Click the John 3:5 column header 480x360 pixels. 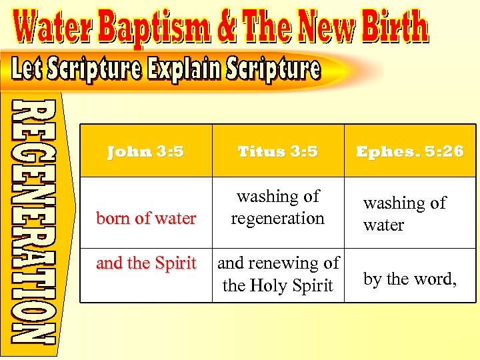coord(145,151)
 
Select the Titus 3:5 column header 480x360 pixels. coord(278,151)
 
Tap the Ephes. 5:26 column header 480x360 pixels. coord(410,151)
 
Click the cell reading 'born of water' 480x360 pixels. coord(146,218)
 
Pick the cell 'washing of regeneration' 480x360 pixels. coord(278,207)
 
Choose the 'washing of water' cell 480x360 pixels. coord(404,213)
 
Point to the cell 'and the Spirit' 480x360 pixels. coord(146,263)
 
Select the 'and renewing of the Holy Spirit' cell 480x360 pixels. coord(278,274)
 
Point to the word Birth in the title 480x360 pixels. coord(393,28)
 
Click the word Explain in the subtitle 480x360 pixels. coord(179,69)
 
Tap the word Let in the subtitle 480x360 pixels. coord(30,69)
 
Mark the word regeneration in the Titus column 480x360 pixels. coord(278,218)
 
